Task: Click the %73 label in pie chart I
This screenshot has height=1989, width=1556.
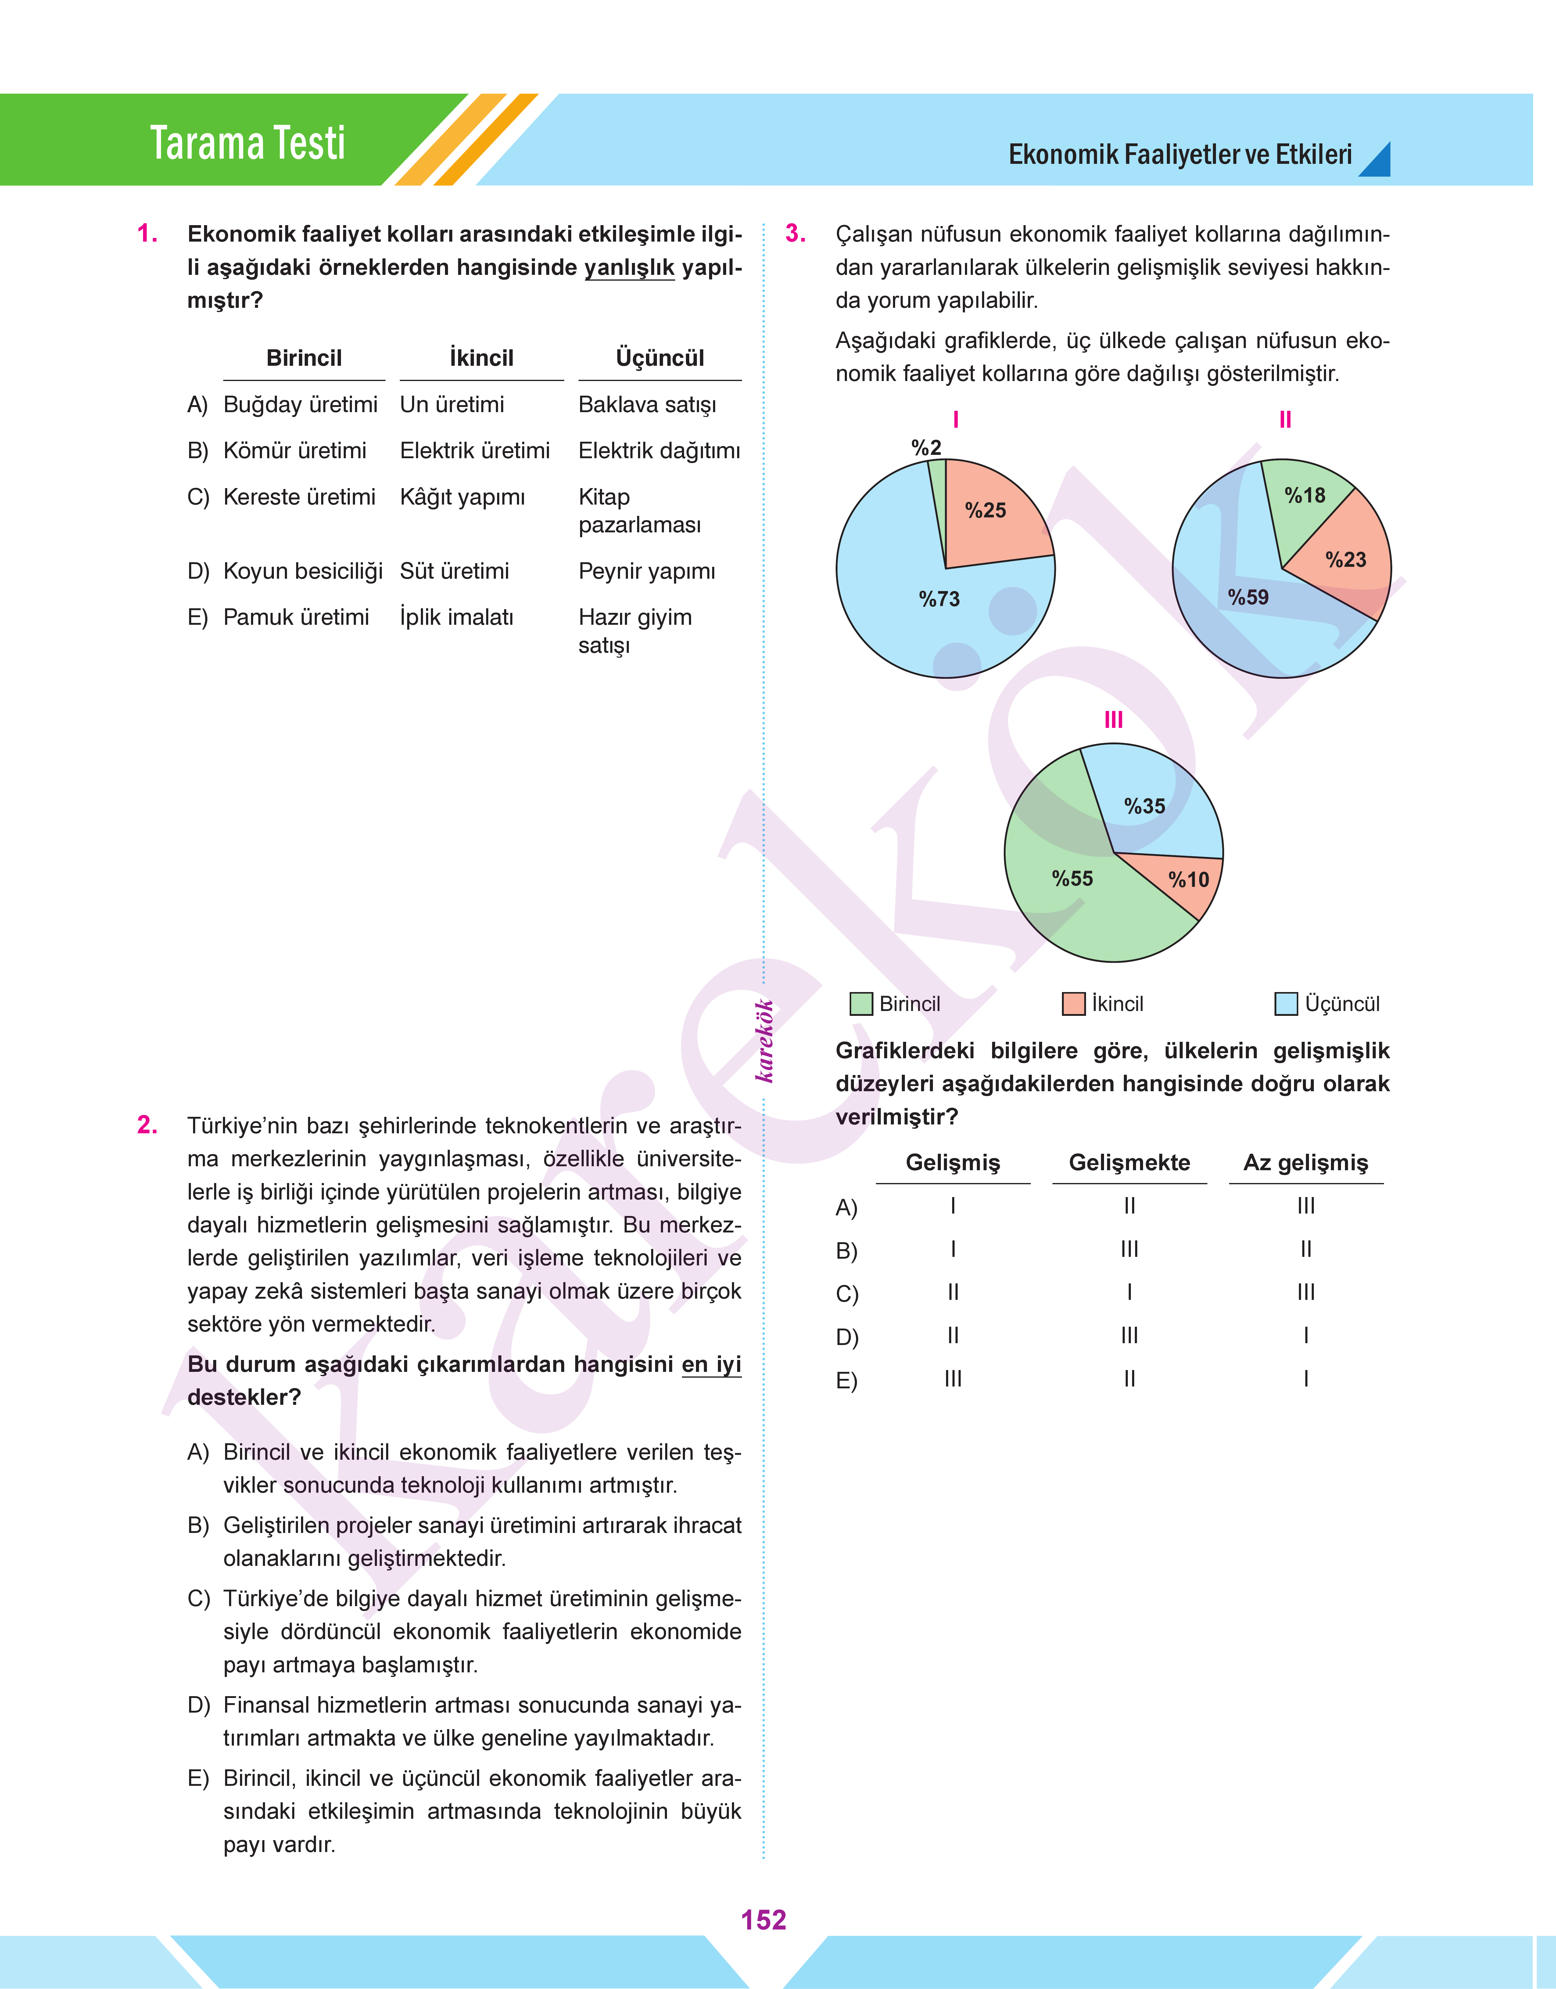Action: click(x=939, y=599)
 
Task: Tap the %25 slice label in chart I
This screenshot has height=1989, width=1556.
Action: click(x=986, y=510)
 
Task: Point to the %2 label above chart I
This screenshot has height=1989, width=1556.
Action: click(x=927, y=447)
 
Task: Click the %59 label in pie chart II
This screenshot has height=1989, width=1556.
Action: click(x=1248, y=597)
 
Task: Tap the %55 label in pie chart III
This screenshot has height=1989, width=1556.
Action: click(x=1072, y=878)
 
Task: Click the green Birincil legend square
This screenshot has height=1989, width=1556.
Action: click(x=861, y=1004)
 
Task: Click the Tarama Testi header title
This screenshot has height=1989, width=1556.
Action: click(x=248, y=143)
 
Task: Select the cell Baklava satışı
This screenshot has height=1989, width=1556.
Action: click(x=647, y=405)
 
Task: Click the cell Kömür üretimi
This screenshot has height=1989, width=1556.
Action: click(x=295, y=451)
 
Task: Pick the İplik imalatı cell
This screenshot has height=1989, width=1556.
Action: click(x=457, y=618)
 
